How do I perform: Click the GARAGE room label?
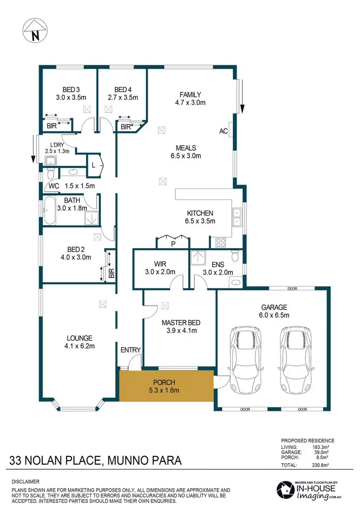pyautogui.click(x=274, y=307)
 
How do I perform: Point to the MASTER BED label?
pyautogui.click(x=180, y=323)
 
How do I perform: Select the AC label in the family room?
pyautogui.click(x=223, y=131)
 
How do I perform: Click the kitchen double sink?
pyautogui.click(x=237, y=217)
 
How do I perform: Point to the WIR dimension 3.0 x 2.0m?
pyautogui.click(x=160, y=273)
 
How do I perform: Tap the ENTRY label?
pyautogui.click(x=131, y=350)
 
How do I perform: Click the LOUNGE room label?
pyautogui.click(x=80, y=338)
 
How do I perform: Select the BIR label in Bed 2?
pyautogui.click(x=111, y=274)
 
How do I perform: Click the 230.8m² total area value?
pyautogui.click(x=325, y=465)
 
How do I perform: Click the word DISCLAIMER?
pyautogui.click(x=26, y=481)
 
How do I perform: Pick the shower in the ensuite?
pyautogui.click(x=197, y=258)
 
